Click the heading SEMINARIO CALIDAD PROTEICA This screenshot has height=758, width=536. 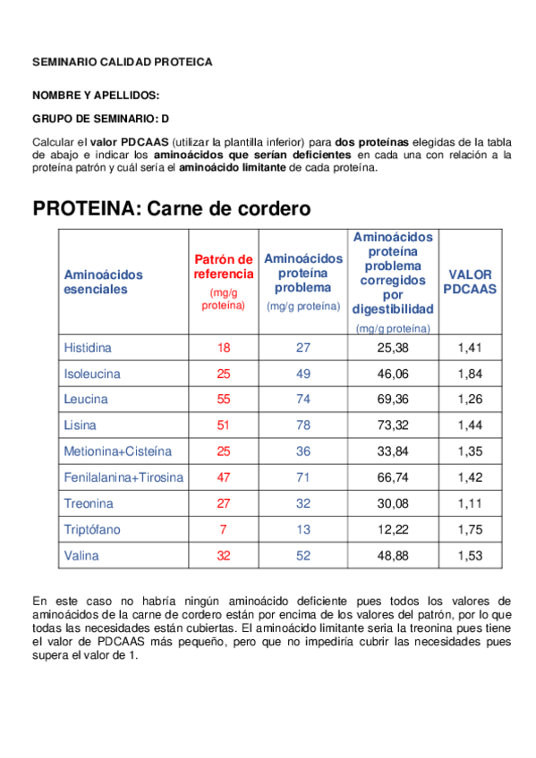123,63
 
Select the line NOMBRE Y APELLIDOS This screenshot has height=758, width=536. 97,95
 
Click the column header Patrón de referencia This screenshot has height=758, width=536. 224,266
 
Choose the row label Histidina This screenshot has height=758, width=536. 88,347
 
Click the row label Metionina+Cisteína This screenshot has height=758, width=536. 117,451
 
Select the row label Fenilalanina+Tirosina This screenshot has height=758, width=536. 123,477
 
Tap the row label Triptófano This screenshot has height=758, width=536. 92,529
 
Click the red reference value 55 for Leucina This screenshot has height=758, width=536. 224,399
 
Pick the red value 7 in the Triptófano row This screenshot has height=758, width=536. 224,529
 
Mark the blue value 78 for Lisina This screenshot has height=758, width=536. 303,425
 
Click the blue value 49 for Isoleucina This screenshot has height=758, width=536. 303,373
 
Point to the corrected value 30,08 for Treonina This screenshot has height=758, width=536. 393,503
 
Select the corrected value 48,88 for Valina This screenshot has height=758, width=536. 393,555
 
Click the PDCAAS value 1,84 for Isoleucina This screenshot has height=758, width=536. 470,373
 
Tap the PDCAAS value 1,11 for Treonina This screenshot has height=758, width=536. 470,503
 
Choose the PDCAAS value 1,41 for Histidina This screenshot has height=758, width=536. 470,347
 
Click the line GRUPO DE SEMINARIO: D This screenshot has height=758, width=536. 100,118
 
